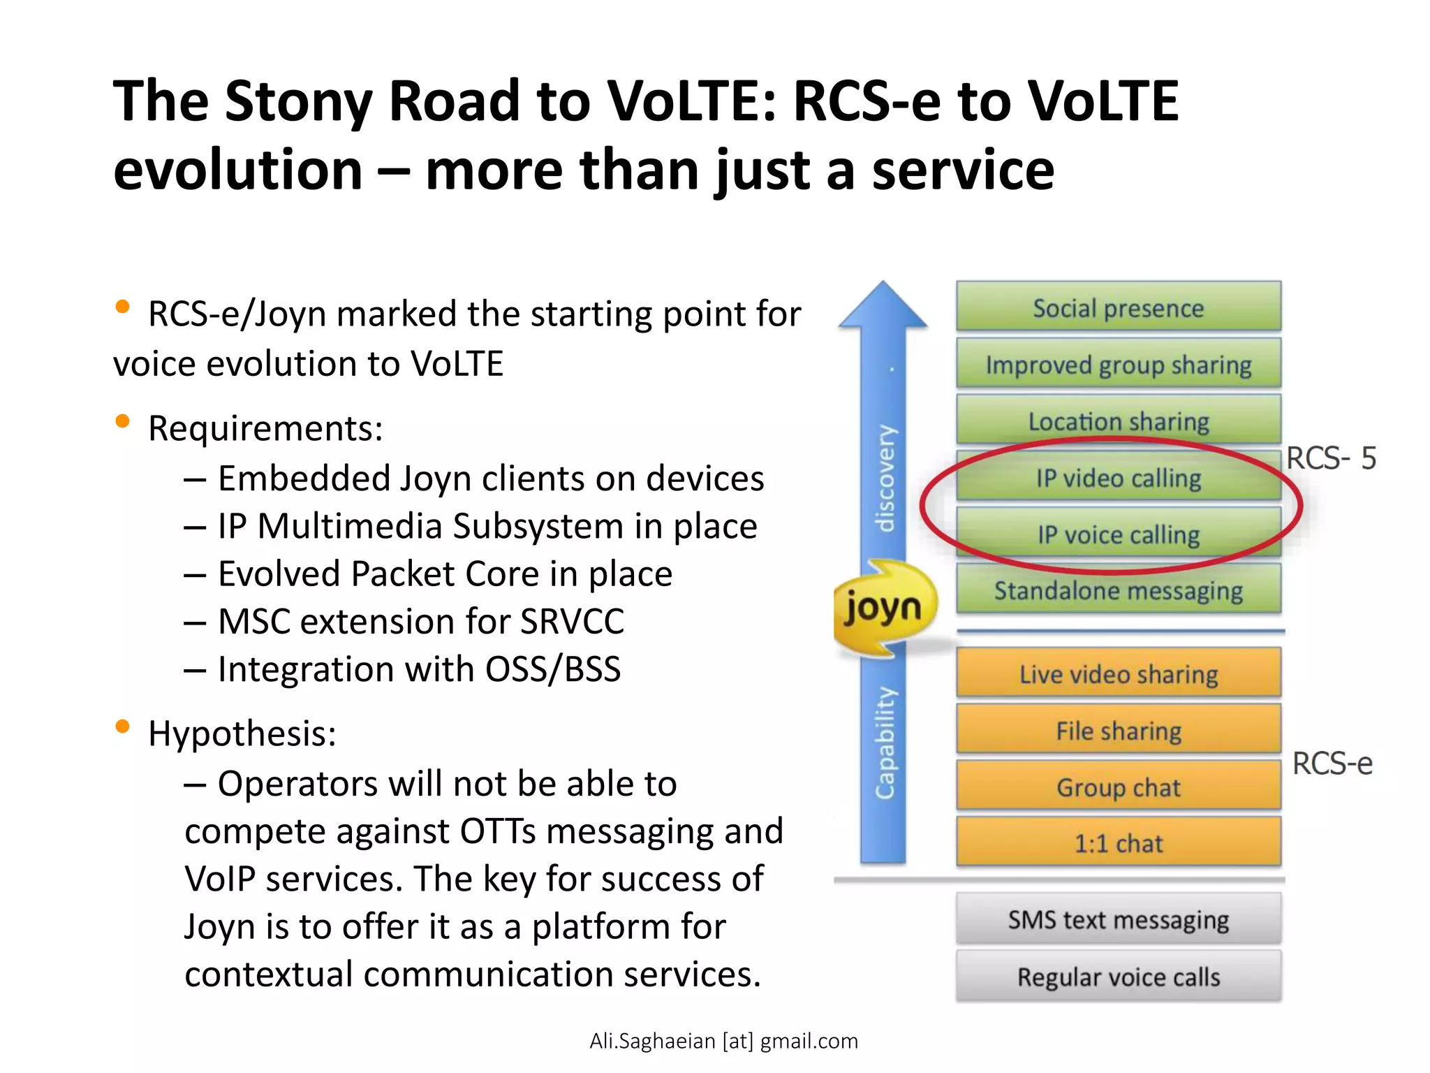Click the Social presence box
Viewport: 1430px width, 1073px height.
point(1118,307)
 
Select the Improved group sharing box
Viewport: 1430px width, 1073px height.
point(1118,364)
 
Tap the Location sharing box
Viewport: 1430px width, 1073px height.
point(1118,421)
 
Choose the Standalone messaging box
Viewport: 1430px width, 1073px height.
point(1118,590)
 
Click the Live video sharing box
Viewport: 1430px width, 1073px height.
point(1118,673)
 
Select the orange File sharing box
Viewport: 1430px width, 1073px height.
point(1118,730)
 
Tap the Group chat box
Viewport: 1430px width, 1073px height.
point(1118,787)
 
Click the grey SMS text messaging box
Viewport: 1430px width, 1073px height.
point(1118,919)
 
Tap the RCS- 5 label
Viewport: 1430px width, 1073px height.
point(1331,458)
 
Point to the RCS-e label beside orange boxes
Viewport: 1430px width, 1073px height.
point(1332,763)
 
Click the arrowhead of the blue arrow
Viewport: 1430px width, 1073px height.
point(883,306)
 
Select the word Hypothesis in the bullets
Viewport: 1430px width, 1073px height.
point(242,733)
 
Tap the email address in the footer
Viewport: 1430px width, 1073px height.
point(723,1041)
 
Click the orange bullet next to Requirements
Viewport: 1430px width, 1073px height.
point(122,421)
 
